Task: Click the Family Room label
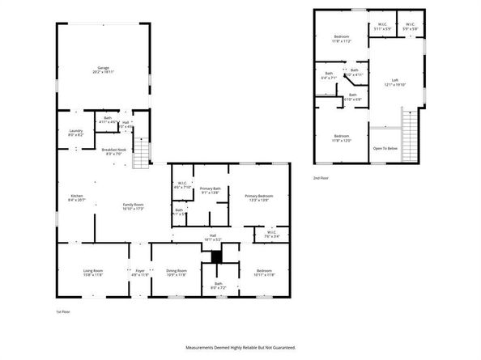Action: pos(133,206)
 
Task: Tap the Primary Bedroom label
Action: pos(259,197)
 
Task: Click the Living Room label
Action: pos(94,272)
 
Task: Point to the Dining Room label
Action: pos(177,272)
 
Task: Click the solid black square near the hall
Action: pos(215,256)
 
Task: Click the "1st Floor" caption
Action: pos(63,311)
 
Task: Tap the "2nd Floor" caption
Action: pos(321,177)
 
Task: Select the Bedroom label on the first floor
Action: pos(264,272)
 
